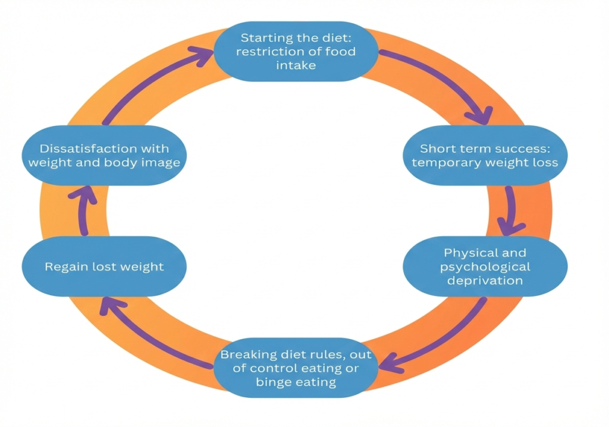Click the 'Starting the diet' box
pos(296,51)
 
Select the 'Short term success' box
pos(485,155)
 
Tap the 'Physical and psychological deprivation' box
pos(485,266)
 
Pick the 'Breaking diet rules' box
pos(296,368)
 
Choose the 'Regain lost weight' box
pos(104,266)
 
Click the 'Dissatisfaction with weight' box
pos(104,155)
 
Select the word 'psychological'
pos(485,266)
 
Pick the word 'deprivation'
pos(485,280)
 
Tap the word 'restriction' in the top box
pos(266,51)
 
